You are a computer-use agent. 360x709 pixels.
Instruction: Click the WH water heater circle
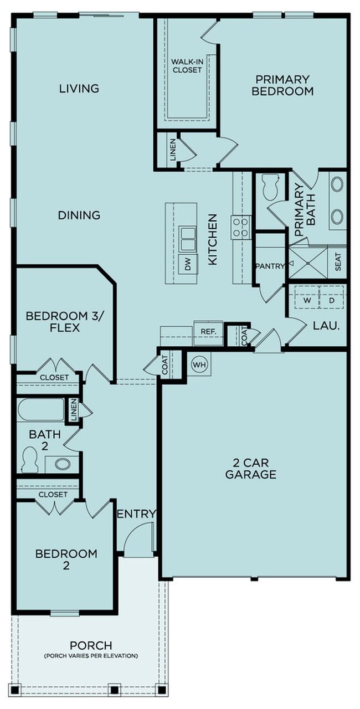tap(199, 364)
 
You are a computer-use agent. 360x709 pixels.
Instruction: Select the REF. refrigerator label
tap(208, 331)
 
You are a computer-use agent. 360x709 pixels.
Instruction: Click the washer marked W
tap(307, 300)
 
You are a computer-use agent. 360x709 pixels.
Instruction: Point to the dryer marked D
tap(331, 300)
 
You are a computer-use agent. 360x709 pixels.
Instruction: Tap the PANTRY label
tap(270, 266)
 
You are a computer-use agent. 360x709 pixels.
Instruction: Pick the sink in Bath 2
tap(61, 464)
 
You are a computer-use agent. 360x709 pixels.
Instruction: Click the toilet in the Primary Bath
tap(271, 187)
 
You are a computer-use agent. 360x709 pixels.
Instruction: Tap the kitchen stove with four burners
tap(241, 227)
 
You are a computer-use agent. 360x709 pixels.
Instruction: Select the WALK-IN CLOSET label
tap(186, 66)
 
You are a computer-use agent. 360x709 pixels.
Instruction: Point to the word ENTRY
tap(136, 514)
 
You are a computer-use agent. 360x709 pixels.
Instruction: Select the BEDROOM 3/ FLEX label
tap(53, 322)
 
